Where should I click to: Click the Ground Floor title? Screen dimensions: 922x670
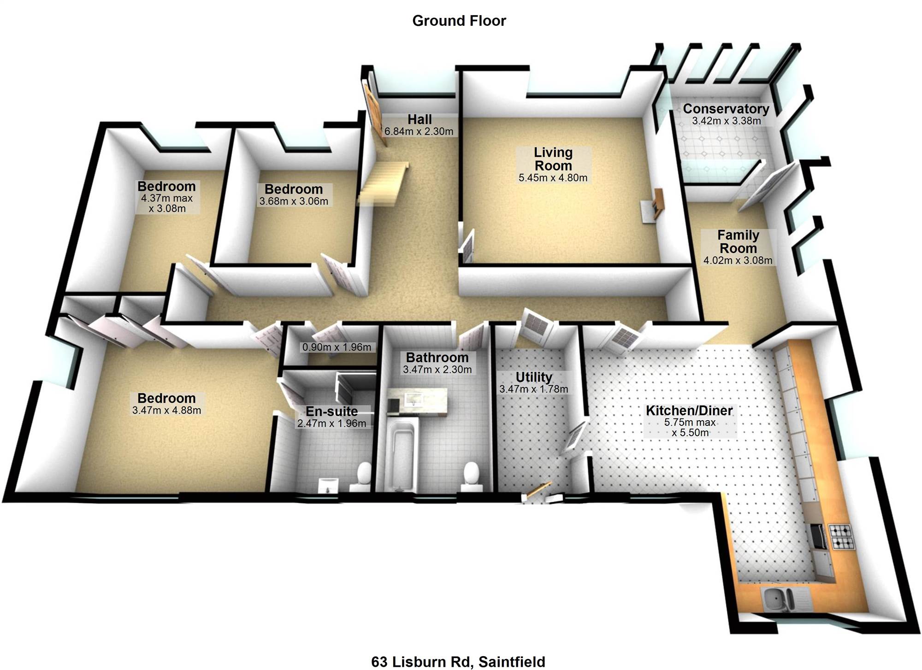459,21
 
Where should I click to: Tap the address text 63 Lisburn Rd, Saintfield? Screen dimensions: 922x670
458,662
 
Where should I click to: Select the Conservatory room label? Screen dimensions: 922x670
726,109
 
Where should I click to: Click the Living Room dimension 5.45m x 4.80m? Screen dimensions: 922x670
553,178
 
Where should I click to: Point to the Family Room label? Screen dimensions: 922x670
738,241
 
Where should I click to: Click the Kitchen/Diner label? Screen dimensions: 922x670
689,410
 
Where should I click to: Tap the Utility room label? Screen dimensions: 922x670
534,377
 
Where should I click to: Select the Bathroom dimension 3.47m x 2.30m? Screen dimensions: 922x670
437,370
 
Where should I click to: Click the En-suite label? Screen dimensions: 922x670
332,411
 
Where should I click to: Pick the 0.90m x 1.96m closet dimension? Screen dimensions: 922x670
337,347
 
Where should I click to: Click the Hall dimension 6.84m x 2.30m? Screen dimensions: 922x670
419,131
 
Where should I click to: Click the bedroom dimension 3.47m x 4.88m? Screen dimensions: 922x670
166,410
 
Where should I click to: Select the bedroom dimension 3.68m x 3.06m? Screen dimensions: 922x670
294,201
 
